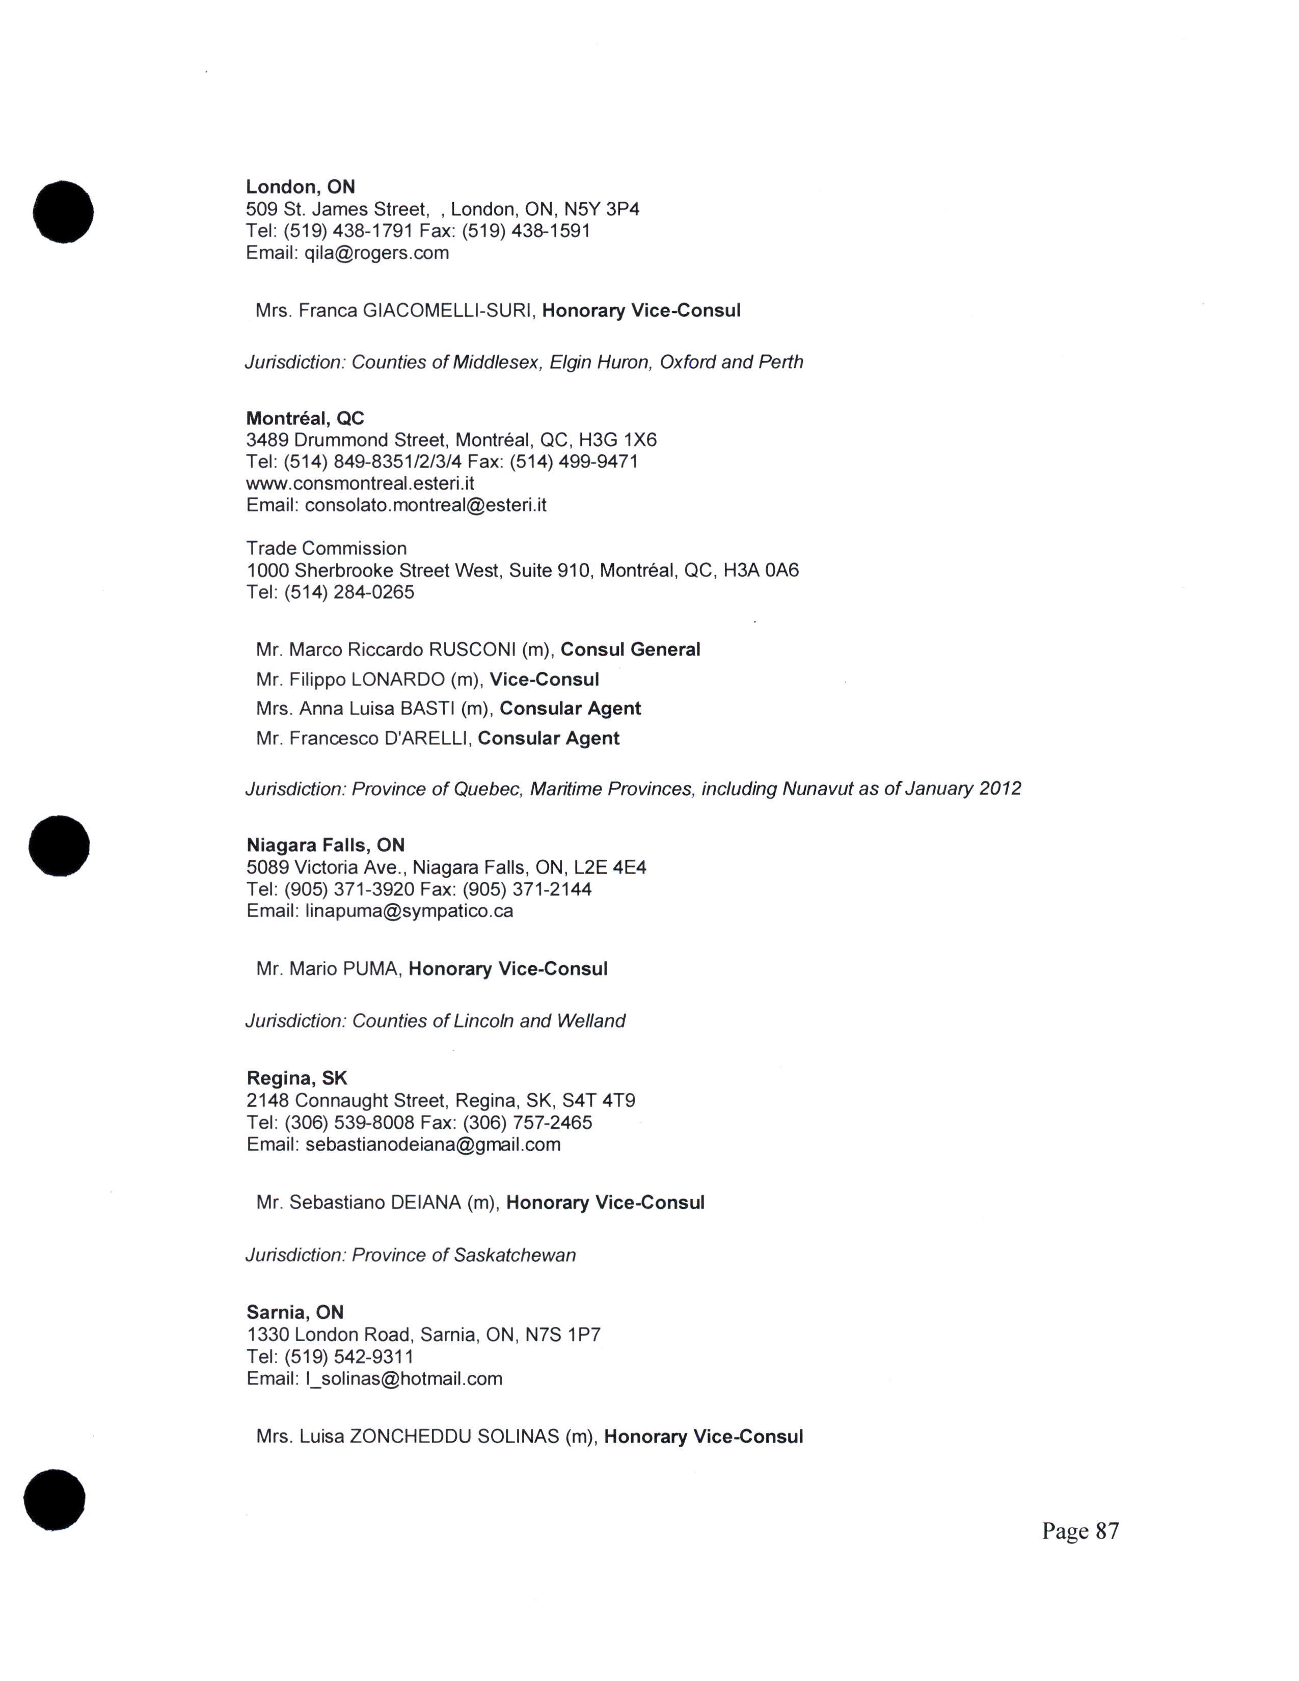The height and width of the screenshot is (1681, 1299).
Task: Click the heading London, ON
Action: [x=300, y=187]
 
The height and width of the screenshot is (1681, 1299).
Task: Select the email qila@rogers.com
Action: [x=376, y=253]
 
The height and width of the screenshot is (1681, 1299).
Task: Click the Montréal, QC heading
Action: [x=305, y=419]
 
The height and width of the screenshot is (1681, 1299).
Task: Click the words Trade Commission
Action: [x=327, y=549]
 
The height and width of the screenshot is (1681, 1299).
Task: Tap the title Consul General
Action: [x=630, y=649]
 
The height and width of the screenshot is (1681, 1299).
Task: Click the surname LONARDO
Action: [x=398, y=680]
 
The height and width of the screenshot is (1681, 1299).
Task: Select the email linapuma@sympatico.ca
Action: [x=409, y=911]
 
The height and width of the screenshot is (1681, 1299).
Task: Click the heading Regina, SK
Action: [x=296, y=1078]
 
